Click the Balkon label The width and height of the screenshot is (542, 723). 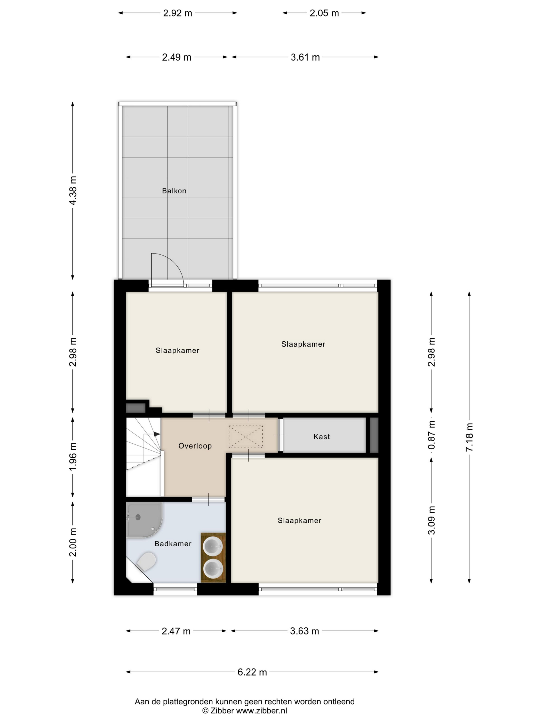click(174, 191)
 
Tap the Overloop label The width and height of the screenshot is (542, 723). click(195, 446)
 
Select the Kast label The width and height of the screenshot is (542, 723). click(322, 437)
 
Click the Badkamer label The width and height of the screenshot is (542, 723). click(173, 544)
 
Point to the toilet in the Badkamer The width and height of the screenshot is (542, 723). click(146, 562)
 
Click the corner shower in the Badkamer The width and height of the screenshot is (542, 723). click(144, 520)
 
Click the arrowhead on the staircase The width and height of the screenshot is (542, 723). click(157, 434)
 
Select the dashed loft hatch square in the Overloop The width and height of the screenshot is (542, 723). click(246, 437)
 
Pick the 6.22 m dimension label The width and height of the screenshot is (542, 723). click(252, 672)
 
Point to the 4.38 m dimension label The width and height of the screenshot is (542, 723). click(73, 191)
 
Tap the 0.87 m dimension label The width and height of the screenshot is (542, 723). click(431, 435)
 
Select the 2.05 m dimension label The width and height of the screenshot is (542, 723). click(324, 13)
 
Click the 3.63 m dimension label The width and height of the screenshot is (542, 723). click(305, 631)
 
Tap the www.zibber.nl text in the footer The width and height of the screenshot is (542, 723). click(262, 711)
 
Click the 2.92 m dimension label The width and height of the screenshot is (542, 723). click(177, 13)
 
